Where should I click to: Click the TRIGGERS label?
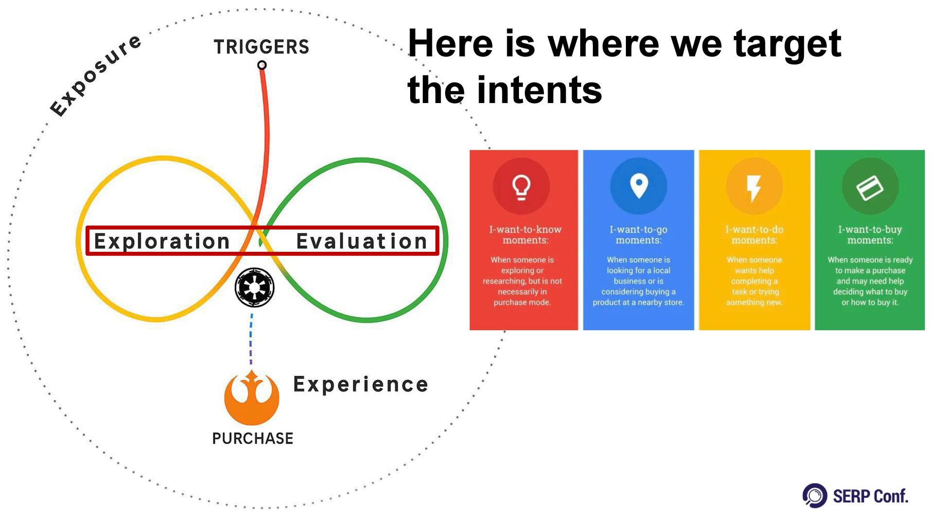click(x=261, y=47)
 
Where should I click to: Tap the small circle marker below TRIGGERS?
click(x=262, y=65)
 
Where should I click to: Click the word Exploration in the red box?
click(x=162, y=241)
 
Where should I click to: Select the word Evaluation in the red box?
click(x=362, y=241)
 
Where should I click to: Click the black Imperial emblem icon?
click(x=254, y=287)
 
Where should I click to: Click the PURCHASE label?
click(x=253, y=438)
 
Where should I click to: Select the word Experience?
click(x=361, y=385)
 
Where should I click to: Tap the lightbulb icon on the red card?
click(x=521, y=187)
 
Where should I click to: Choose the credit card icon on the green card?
click(x=870, y=187)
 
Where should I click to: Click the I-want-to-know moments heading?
click(x=525, y=235)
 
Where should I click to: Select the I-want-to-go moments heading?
click(x=639, y=235)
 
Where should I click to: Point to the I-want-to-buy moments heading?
click(x=870, y=235)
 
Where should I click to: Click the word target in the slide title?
click(x=787, y=44)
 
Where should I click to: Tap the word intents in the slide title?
click(x=539, y=90)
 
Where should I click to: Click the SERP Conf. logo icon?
click(x=815, y=496)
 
